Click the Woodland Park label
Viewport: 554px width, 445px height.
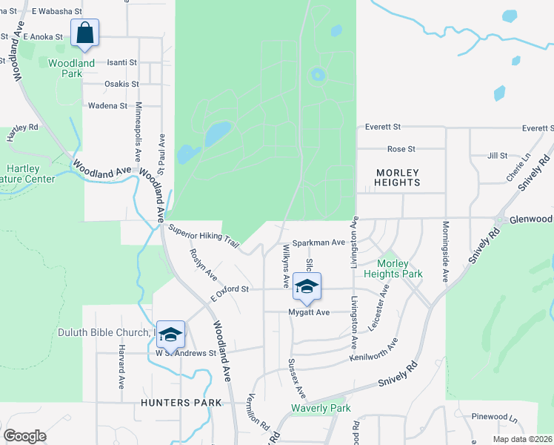[72, 68]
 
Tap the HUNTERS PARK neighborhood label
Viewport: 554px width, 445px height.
[181, 403]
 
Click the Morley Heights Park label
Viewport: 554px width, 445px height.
[400, 268]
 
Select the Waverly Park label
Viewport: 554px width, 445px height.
[321, 409]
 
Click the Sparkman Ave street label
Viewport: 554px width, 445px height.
[318, 243]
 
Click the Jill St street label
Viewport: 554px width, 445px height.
[498, 156]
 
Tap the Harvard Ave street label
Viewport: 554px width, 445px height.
[121, 367]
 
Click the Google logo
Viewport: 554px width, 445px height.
[24, 435]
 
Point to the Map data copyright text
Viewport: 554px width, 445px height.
[521, 439]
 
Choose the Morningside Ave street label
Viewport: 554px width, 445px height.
[445, 251]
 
